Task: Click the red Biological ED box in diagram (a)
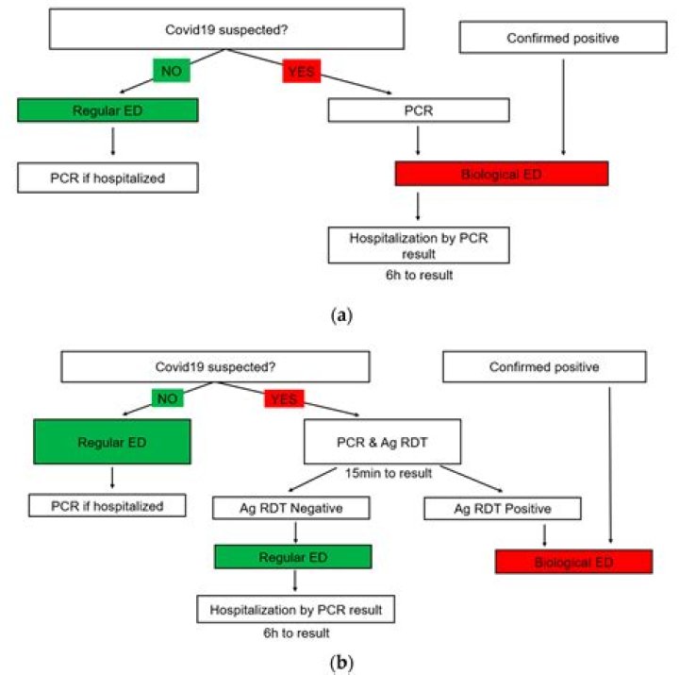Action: (x=502, y=174)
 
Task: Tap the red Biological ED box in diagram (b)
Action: (x=573, y=563)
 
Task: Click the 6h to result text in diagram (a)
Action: (x=419, y=274)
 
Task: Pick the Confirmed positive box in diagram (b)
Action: (x=544, y=367)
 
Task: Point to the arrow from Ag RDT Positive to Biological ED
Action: (x=545, y=536)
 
